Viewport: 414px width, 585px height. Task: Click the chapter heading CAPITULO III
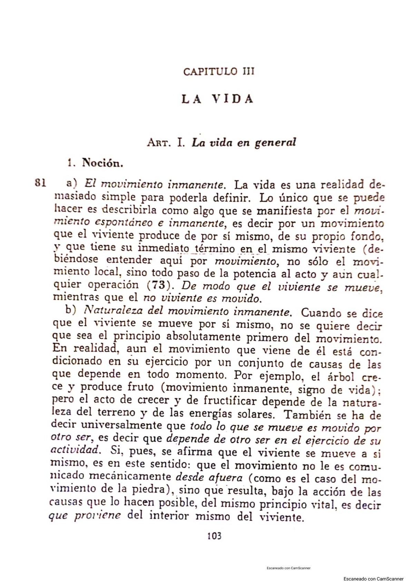click(x=219, y=72)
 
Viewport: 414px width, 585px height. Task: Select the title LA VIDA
click(x=217, y=99)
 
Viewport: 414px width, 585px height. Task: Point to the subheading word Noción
click(x=102, y=163)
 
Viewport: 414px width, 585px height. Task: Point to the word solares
click(x=248, y=413)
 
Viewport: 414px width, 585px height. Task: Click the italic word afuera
click(x=224, y=478)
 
